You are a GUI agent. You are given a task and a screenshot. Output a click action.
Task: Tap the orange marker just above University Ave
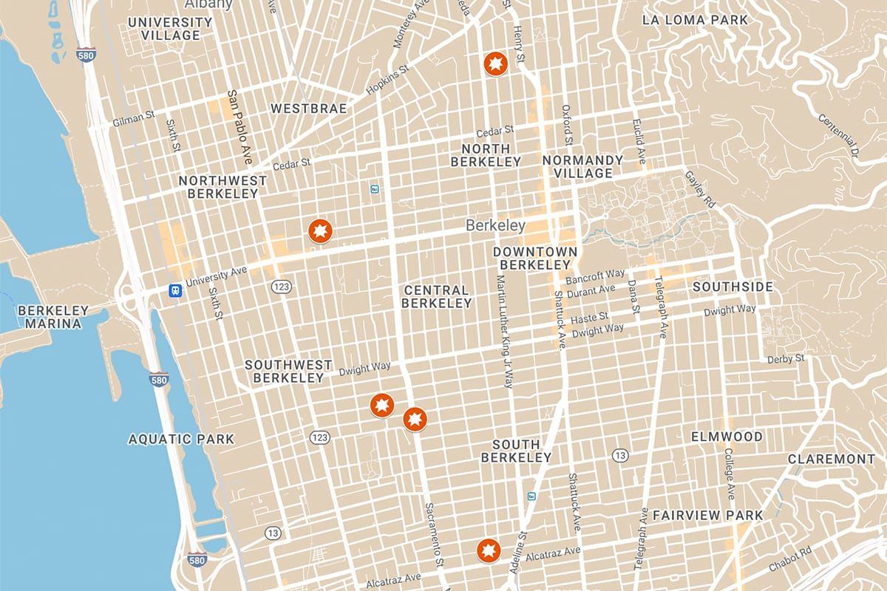click(x=320, y=231)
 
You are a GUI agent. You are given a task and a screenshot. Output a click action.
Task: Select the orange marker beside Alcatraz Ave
click(x=489, y=550)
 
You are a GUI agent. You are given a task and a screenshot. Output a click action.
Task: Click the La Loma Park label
click(x=696, y=20)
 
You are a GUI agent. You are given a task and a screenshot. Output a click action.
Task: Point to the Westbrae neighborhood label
click(x=308, y=109)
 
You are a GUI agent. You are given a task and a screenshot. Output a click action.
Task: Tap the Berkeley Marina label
click(x=53, y=317)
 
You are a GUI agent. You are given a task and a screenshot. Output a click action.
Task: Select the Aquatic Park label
click(x=181, y=439)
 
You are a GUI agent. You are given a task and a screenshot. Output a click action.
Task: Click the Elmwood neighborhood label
click(x=727, y=437)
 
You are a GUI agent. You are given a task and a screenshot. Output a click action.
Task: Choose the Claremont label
click(x=831, y=459)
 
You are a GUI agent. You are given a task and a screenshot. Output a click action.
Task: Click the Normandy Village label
click(x=582, y=166)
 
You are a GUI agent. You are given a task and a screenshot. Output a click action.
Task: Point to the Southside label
click(x=733, y=287)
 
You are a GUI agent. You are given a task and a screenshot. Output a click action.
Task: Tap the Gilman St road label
click(x=132, y=118)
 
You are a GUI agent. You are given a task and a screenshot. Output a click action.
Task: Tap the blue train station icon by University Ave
click(x=175, y=290)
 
